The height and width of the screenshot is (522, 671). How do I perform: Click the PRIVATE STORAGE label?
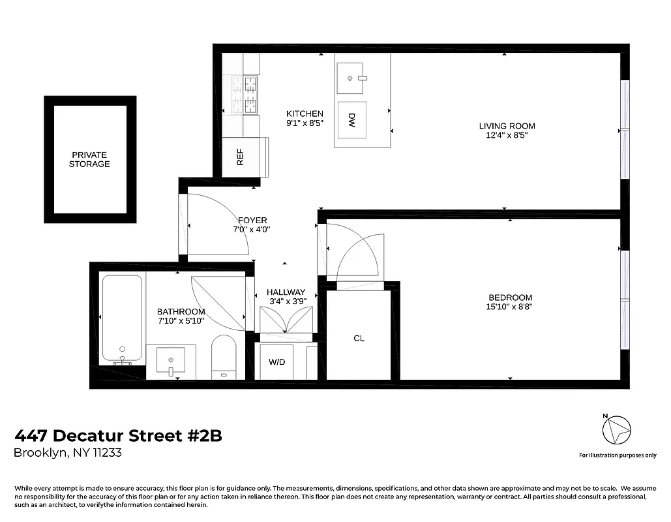pos(89,159)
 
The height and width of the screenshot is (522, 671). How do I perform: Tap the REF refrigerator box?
pos(241,157)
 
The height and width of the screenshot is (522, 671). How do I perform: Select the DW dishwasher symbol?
pos(351,119)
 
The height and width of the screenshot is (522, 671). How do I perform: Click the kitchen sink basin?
pos(351,78)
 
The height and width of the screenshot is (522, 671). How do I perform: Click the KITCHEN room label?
pos(305,114)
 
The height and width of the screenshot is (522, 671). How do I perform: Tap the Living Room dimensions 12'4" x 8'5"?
pos(507,136)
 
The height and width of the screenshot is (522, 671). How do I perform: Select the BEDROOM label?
pos(509,298)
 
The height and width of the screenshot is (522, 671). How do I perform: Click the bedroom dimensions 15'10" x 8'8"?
pos(509,307)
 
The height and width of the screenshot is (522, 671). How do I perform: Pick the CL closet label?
pos(359,338)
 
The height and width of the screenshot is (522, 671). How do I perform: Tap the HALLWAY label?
pos(286,292)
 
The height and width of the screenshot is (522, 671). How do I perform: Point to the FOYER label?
pos(252,221)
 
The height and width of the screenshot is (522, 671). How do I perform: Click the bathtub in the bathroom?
pos(122,320)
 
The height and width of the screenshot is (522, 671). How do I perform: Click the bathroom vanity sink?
pos(171,361)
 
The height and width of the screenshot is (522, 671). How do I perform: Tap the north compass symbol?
pos(616,429)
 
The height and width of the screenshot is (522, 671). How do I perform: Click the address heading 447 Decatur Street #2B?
pos(118,436)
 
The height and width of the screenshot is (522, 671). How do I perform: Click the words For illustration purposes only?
pos(618,455)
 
